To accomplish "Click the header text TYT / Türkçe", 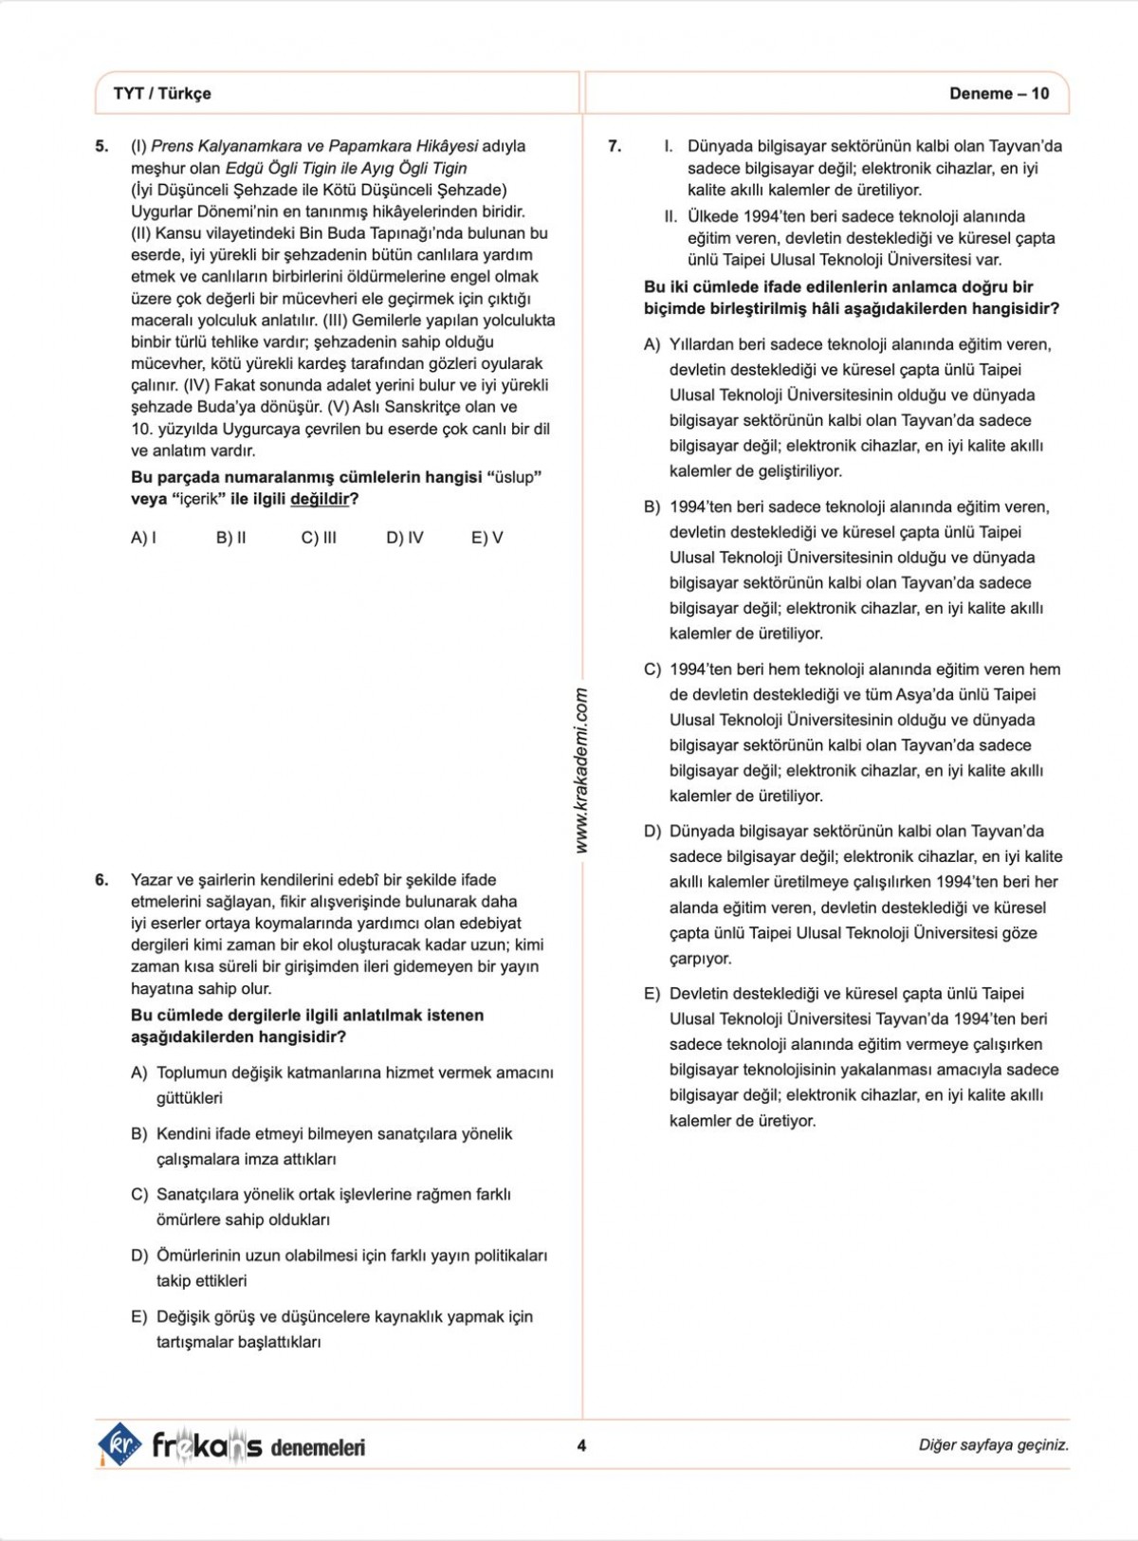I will pos(162,93).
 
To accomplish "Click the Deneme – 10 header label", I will pos(999,93).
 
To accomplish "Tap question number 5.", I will pos(101,146).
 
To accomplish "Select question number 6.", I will pos(101,880).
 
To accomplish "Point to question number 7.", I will pos(615,146).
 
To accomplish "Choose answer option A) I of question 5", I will pos(143,538).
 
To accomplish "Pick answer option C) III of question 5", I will pos(319,538).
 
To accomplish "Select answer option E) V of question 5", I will pos(486,538).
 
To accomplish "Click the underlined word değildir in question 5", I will pos(320,499).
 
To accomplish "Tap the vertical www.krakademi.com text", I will pos(581,770).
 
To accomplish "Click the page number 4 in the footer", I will pos(581,1445).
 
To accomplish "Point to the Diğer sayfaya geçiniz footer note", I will pos(993,1445).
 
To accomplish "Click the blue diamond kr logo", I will pos(119,1444).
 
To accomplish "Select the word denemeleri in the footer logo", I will pos(318,1447).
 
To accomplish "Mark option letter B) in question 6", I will pos(139,1134).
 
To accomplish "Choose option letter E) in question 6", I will pos(139,1317).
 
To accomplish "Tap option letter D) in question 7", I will pos(652,832).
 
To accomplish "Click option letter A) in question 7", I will pos(652,344).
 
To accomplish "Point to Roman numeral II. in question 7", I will pos(670,216).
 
